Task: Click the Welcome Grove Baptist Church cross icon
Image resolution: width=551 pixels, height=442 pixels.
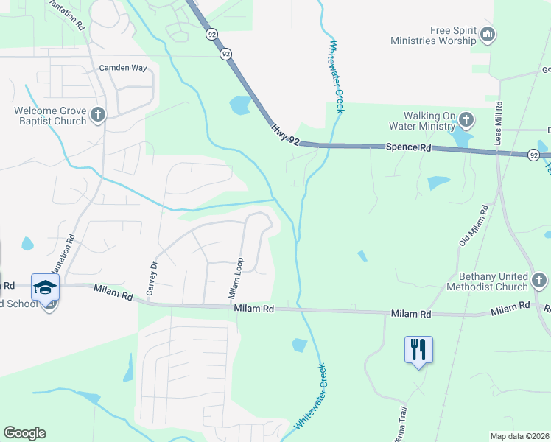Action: point(98,114)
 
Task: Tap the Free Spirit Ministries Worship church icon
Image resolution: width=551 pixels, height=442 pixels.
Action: point(488,34)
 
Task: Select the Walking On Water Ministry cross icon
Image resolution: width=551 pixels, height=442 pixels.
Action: point(466,119)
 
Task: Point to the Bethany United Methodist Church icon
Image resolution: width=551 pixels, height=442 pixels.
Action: point(539,280)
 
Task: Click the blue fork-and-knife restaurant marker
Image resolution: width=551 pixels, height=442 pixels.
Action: point(418,348)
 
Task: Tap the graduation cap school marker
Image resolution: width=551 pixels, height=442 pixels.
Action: point(45,287)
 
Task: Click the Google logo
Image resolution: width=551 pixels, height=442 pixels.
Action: point(24,433)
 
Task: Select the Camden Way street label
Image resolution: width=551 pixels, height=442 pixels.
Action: point(123,68)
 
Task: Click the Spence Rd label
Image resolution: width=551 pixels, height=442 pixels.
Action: point(408,147)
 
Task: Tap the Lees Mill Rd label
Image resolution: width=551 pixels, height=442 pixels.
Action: point(499,122)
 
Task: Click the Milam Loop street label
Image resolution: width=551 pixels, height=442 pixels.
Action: point(236,278)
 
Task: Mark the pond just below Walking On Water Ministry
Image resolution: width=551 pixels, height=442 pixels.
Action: point(463,138)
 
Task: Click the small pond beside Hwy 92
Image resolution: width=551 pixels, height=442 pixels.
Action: point(240,106)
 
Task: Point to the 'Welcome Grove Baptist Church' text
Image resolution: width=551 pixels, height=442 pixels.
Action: point(50,116)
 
